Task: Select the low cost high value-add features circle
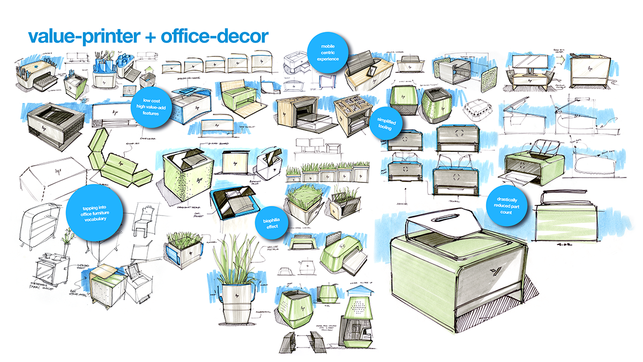point(152,106)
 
